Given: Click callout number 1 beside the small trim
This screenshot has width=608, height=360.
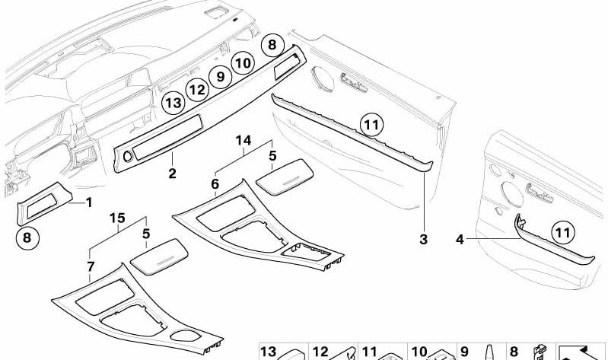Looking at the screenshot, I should [88, 202].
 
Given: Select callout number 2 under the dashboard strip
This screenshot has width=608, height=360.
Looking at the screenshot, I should [173, 174].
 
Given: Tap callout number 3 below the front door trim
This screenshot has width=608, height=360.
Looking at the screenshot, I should [423, 240].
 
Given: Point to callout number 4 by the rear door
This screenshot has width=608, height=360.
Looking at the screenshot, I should [460, 240].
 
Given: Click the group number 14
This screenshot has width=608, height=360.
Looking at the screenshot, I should [243, 141].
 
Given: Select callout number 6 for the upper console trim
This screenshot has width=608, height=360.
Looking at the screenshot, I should [215, 184].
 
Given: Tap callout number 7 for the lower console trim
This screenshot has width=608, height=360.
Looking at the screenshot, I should [91, 266].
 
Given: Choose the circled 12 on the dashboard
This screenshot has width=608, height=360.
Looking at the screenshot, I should [197, 90].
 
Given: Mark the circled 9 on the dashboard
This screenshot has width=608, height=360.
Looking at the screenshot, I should [220, 76].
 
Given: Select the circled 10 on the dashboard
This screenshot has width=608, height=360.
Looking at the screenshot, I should [243, 62].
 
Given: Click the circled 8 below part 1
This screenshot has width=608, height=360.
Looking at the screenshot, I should [27, 238].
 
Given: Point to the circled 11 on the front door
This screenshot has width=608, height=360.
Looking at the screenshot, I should [370, 123].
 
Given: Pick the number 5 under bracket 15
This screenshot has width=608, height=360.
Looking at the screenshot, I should [146, 237].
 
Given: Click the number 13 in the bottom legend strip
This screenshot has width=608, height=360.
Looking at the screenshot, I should [268, 352].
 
